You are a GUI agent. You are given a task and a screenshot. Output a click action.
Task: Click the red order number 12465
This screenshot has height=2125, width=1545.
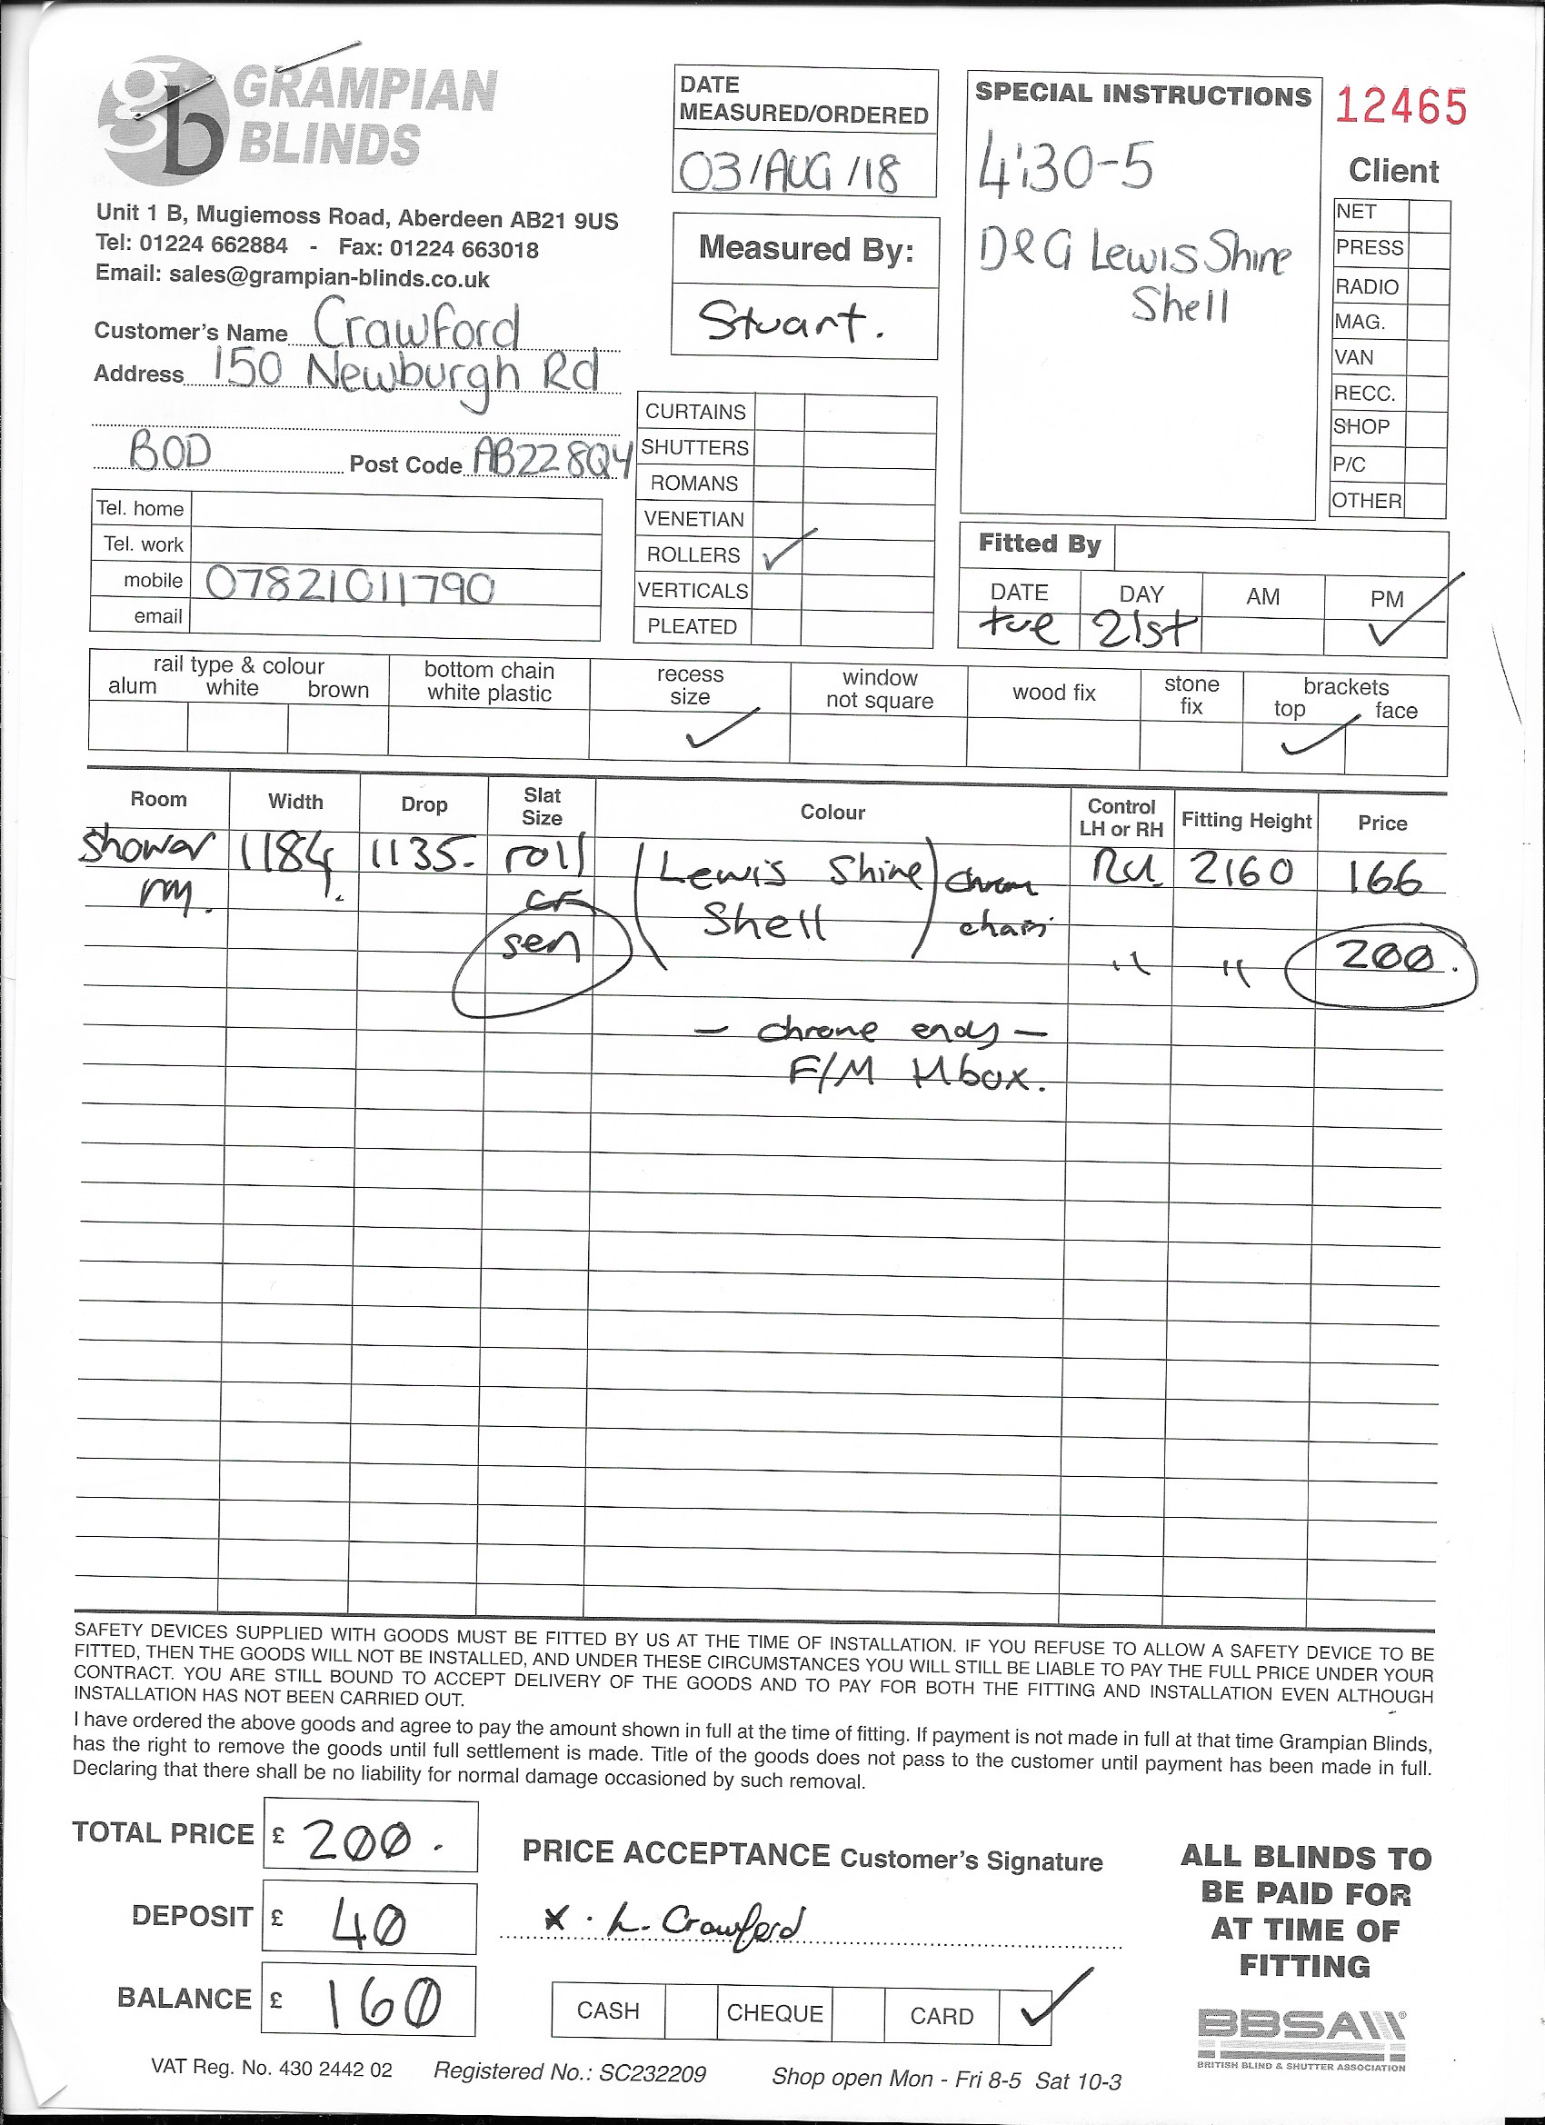[x=1400, y=107]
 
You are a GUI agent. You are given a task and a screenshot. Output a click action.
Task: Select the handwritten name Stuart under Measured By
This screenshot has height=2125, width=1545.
[x=792, y=324]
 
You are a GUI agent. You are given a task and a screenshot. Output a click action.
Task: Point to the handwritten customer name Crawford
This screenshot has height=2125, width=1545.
[x=416, y=327]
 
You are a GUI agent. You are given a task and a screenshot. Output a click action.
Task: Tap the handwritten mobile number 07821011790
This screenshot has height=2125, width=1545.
[x=350, y=586]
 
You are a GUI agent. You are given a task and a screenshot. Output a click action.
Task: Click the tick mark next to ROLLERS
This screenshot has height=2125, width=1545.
[x=787, y=550]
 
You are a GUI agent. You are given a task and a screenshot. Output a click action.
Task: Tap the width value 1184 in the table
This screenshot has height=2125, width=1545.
[x=285, y=855]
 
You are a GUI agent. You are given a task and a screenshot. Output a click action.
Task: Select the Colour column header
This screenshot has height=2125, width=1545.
[x=832, y=813]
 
